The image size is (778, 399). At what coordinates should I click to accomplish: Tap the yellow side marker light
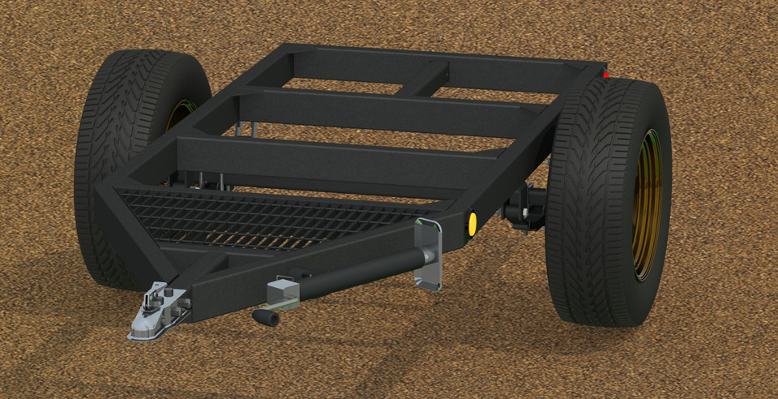click(x=470, y=225)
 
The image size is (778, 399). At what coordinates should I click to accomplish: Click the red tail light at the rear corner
click(x=606, y=75)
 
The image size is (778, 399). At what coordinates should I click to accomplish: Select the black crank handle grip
click(x=266, y=317)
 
